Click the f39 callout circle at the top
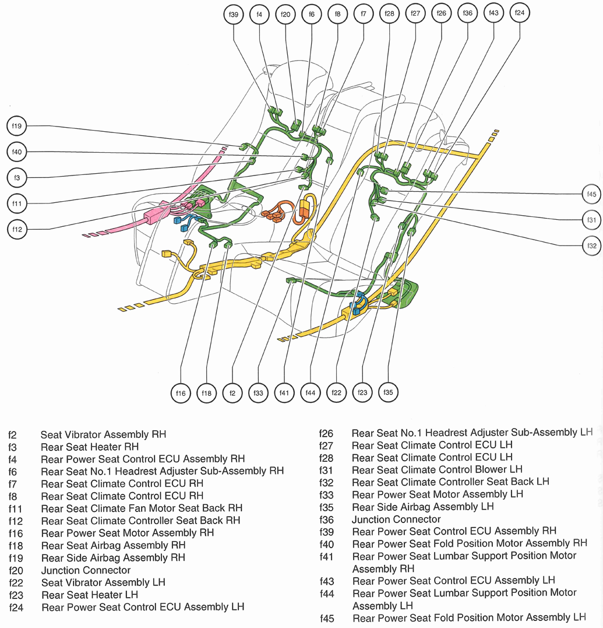pos(234,15)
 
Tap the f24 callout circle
pos(520,14)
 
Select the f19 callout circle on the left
pos(16,125)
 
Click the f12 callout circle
pos(16,229)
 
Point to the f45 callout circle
pos(591,194)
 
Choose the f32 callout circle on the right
pos(591,246)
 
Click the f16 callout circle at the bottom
pos(181,394)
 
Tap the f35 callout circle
pos(388,392)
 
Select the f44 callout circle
pos(310,394)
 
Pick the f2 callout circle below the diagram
pos(232,394)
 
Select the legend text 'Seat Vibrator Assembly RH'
pos(103,434)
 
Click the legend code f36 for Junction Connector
pos(326,519)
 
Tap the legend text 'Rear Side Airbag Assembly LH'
pos(422,507)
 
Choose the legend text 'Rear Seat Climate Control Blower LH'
pos(437,469)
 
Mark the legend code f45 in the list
pos(326,618)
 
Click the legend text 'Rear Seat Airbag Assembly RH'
pos(113,545)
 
